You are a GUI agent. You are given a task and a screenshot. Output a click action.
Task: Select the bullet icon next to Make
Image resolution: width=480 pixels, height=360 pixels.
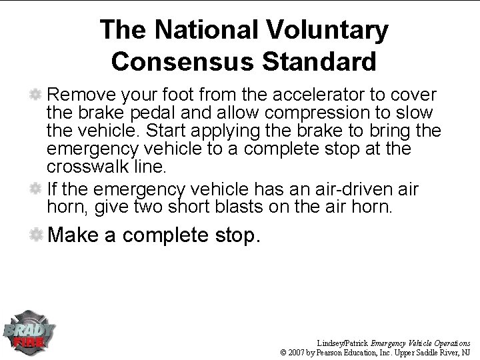pyautogui.click(x=37, y=235)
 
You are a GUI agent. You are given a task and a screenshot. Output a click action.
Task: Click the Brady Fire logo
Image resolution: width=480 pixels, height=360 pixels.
pyautogui.click(x=29, y=331)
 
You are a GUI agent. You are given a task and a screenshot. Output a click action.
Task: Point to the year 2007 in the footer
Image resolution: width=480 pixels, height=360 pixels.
pyautogui.click(x=303, y=351)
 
